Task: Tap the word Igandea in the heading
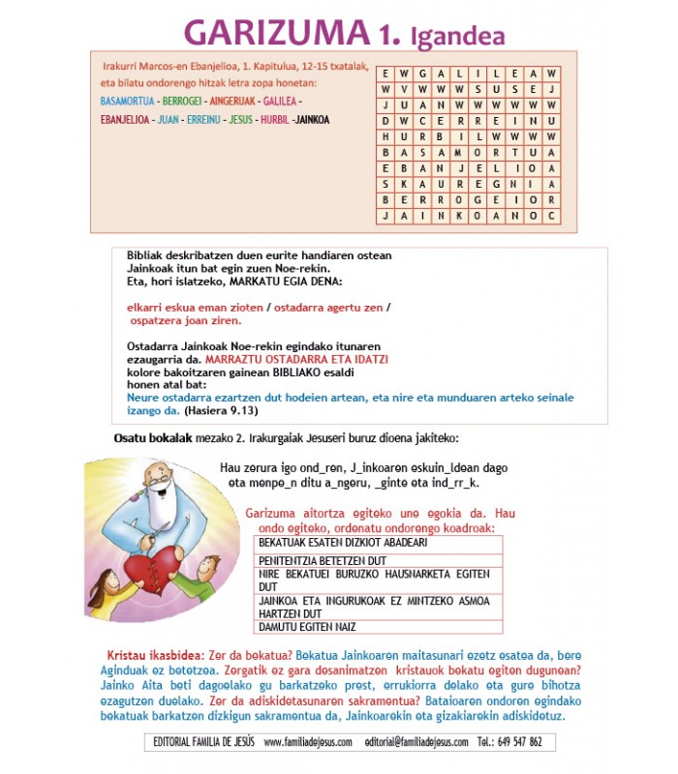(x=457, y=37)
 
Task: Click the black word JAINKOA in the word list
(x=312, y=120)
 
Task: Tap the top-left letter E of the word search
(x=385, y=74)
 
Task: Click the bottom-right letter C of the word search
(x=550, y=216)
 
